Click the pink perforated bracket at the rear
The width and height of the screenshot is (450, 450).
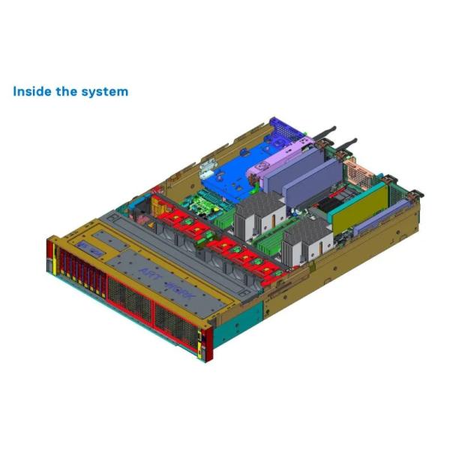point(358,172)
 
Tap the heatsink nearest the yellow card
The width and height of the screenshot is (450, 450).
point(307,241)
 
